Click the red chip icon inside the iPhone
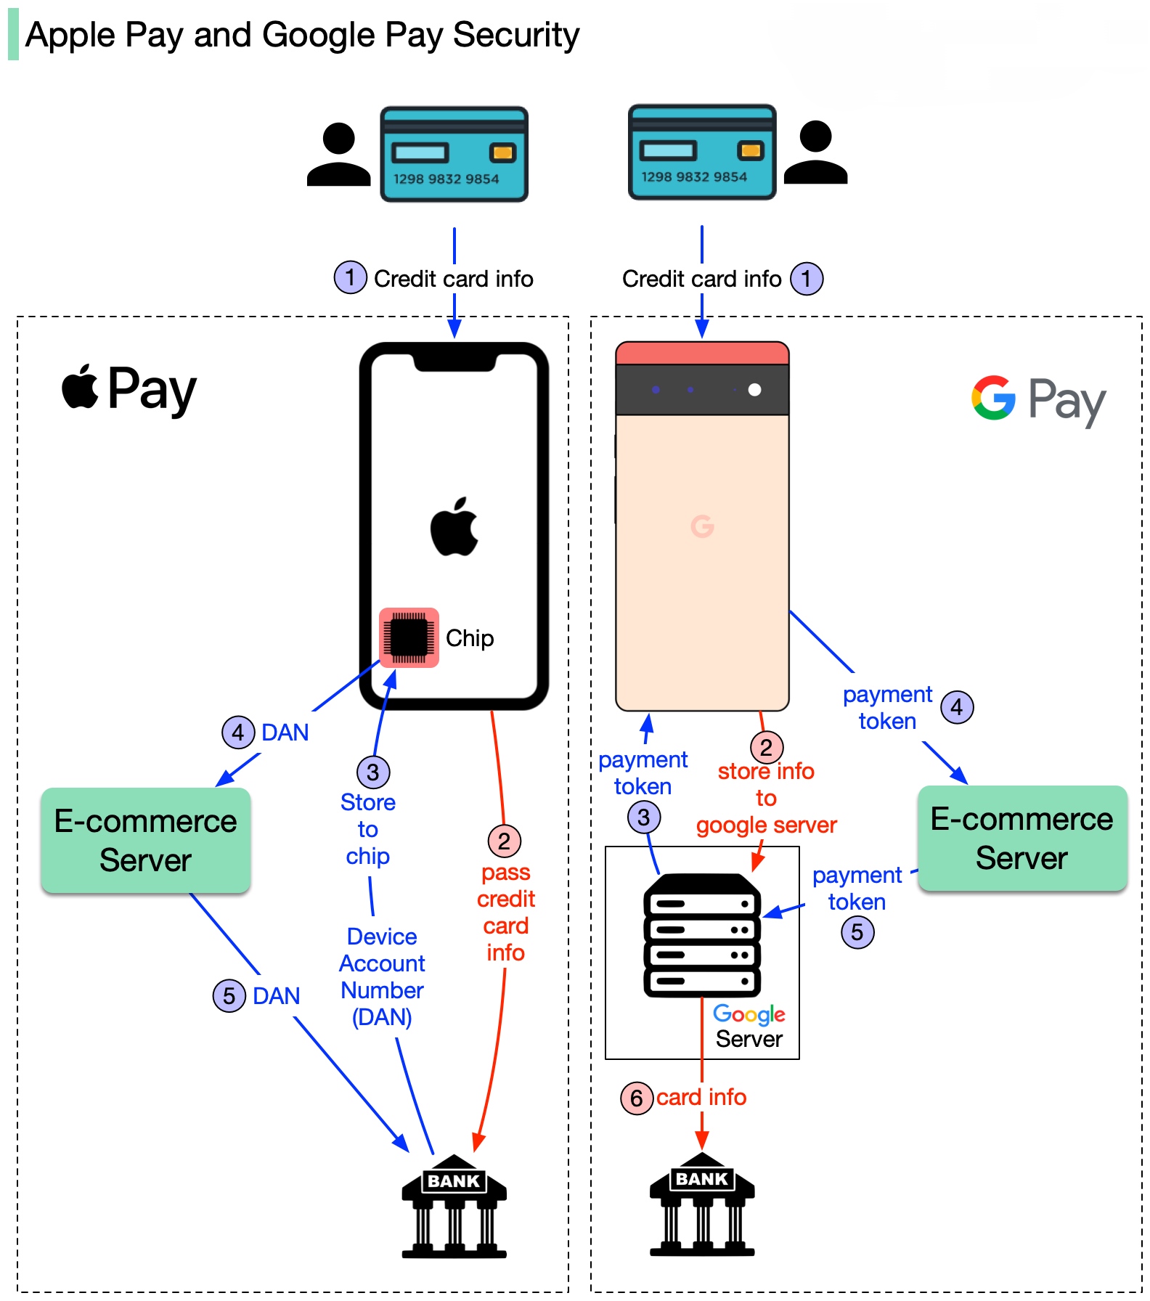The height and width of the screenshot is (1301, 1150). pyautogui.click(x=409, y=637)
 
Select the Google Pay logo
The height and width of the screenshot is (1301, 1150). pyautogui.click(x=1038, y=399)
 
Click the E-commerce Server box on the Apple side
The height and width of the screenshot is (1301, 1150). pyautogui.click(x=146, y=840)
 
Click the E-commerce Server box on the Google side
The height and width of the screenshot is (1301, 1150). pyautogui.click(x=1022, y=838)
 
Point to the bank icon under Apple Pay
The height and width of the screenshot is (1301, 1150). pyautogui.click(x=454, y=1205)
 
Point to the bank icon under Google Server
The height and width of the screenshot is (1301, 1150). pyautogui.click(x=702, y=1203)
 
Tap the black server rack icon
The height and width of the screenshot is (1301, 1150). pyautogui.click(x=702, y=934)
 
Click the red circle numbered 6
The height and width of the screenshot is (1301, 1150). pyautogui.click(x=637, y=1098)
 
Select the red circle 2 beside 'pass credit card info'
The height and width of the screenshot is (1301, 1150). pyautogui.click(x=504, y=841)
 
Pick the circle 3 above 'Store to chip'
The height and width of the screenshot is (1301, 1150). pyautogui.click(x=373, y=772)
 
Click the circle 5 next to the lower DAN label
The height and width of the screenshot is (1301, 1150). pyautogui.click(x=229, y=995)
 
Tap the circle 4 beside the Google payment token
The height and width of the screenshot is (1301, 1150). pyautogui.click(x=957, y=706)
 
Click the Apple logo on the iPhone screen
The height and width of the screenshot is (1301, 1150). pyautogui.click(x=454, y=527)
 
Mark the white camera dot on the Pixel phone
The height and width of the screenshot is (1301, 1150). pyautogui.click(x=754, y=390)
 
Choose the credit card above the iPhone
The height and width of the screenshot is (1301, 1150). pyautogui.click(x=454, y=154)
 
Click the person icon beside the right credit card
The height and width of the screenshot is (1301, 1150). pyautogui.click(x=816, y=152)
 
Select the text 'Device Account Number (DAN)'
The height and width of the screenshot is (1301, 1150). pyautogui.click(x=382, y=976)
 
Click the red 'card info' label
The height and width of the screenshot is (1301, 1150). pyautogui.click(x=701, y=1097)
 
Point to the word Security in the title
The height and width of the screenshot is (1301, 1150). pyautogui.click(x=516, y=35)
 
